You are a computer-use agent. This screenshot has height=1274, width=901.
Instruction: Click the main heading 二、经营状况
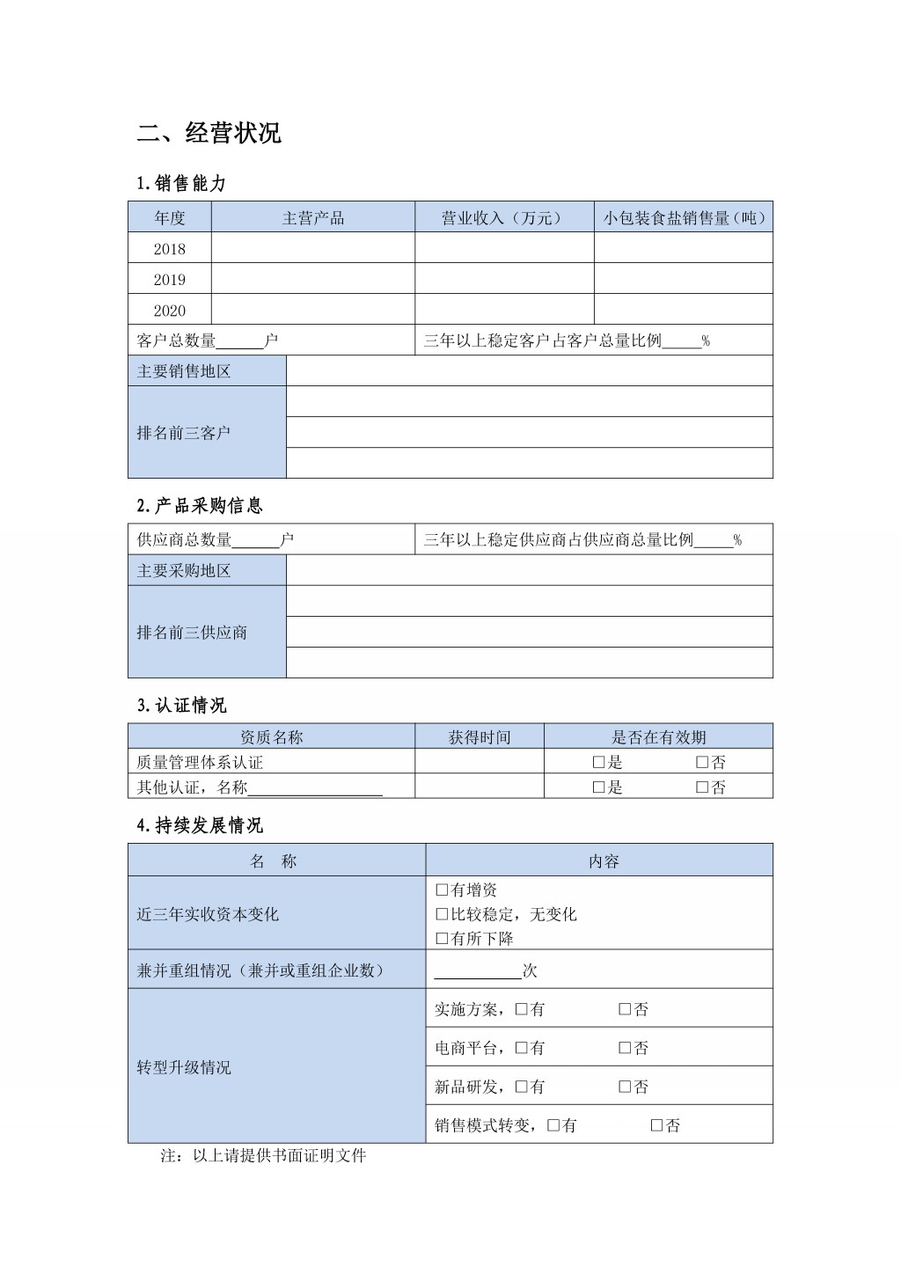coord(209,133)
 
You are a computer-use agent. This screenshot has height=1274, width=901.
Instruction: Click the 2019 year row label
coord(170,280)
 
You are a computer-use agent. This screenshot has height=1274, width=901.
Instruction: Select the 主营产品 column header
coord(312,218)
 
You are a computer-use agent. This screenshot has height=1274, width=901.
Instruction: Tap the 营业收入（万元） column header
coord(503,218)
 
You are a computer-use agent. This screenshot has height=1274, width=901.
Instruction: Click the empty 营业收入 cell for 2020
coord(504,310)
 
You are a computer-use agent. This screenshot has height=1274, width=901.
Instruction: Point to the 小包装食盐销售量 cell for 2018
coord(683,248)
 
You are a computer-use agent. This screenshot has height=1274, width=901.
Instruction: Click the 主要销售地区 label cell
coord(184,371)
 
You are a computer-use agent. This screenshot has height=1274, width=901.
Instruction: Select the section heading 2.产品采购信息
coord(200,506)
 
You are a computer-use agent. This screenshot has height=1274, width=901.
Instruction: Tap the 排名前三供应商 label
coord(192,633)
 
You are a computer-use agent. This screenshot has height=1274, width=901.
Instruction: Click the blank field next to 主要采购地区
coord(529,570)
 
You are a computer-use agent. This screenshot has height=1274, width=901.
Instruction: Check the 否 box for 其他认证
coord(702,787)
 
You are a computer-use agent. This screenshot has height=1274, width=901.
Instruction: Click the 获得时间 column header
coord(479,737)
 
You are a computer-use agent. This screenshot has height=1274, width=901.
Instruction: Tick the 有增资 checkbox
coord(442,890)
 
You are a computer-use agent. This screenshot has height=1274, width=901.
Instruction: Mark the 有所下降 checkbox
coord(442,939)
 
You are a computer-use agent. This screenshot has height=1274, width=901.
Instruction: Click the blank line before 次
coord(477,971)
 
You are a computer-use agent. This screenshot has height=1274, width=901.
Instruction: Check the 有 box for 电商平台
coord(522,1048)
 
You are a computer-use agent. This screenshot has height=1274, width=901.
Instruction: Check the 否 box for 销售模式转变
coord(657,1125)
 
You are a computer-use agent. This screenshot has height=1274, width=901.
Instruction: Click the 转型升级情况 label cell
coord(184,1067)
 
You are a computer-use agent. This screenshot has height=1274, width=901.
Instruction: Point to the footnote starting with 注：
coord(263,1156)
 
